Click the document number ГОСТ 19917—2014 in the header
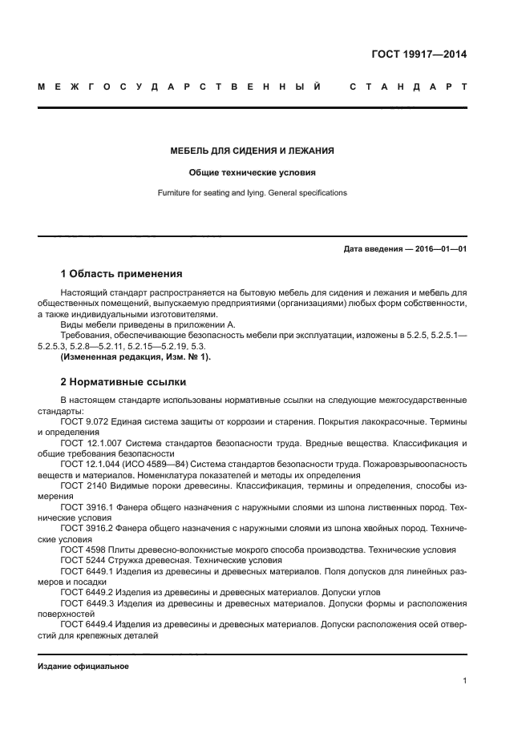coord(419,54)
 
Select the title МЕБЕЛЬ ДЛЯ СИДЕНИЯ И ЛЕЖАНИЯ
coord(252,151)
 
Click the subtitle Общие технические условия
coord(252,172)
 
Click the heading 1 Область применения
coord(121,274)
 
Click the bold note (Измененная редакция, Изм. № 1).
coord(136,356)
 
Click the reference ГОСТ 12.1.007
coord(93,443)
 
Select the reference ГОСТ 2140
coord(83,486)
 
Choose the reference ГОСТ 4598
coord(83,550)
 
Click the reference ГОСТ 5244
coord(83,561)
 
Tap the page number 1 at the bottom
coord(464,681)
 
